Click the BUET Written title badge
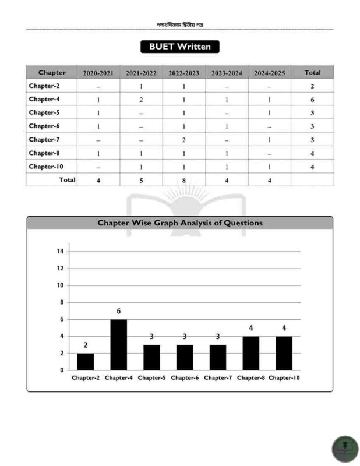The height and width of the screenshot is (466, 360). point(179,47)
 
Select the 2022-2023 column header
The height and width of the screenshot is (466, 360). point(183,73)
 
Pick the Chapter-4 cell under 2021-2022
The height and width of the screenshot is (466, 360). point(141,100)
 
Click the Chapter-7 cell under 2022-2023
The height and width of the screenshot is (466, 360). point(183,140)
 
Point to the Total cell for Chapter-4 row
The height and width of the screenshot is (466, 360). point(312,100)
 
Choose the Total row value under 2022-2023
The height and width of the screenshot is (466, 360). point(183,181)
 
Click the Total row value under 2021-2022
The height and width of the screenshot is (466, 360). point(141,181)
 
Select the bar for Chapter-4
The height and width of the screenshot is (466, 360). point(119,344)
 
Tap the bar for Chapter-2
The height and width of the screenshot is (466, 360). point(86,361)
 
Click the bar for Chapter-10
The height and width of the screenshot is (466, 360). point(284,353)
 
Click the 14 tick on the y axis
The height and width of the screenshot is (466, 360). point(60,252)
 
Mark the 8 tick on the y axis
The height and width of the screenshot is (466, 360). point(61,302)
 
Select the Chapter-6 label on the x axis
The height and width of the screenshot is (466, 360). point(185,378)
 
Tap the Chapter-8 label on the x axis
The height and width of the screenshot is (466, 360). point(251,378)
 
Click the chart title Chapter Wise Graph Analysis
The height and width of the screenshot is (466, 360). point(179,223)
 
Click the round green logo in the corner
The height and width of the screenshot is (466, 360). point(345,449)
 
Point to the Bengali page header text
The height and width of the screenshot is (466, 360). point(179,24)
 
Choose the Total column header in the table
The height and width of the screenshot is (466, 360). point(312,73)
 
